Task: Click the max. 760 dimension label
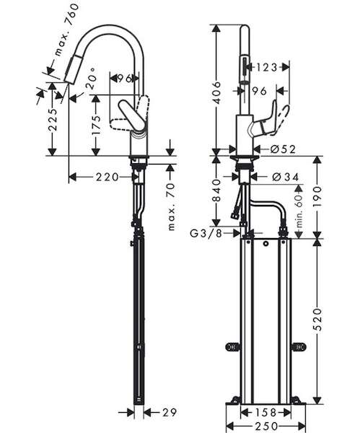coord(67,30)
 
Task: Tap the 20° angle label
coord(92,79)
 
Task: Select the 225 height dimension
coord(53,119)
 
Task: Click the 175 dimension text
coord(96,126)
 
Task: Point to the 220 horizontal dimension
coord(107,177)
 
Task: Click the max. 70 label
coord(171,206)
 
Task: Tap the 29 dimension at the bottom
coord(170,413)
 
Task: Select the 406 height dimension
coord(218,92)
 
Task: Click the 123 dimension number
coord(266,67)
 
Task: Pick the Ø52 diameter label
coord(284,149)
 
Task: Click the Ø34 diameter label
coord(285,177)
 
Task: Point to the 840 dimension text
coord(218,191)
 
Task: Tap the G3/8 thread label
coord(206,234)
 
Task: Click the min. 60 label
coord(299,211)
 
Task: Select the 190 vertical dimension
coord(318,196)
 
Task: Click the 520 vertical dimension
coord(318,320)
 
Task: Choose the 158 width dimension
coord(265,413)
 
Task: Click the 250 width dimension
coord(265,426)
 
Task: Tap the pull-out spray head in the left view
coord(72,69)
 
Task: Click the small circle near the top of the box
coord(266,244)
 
